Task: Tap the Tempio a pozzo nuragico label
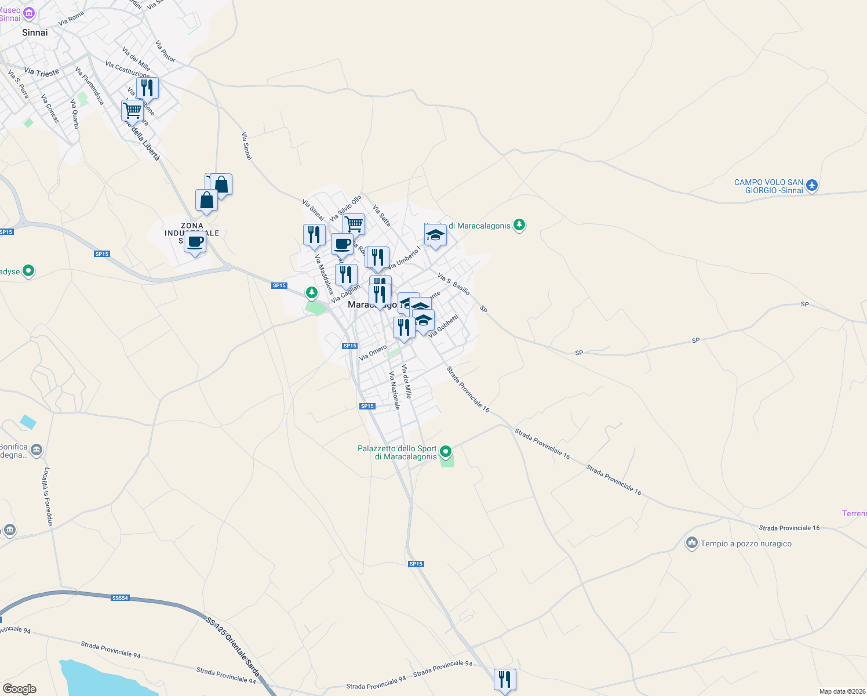pos(746,543)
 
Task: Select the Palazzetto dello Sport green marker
pos(446,451)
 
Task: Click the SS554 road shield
pos(120,598)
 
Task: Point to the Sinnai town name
pos(35,32)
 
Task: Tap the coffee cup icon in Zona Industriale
pos(195,242)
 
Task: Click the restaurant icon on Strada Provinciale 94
pos(505,679)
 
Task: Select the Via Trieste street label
pos(42,72)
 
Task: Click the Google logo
pos(19,688)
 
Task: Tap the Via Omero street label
pos(373,353)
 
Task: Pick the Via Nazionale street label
pos(395,390)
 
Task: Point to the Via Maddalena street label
pos(323,274)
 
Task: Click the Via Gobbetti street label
pos(444,327)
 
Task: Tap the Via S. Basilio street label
pos(454,284)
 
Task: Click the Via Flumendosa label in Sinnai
pos(90,86)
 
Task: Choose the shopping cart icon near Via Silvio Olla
pos(354,224)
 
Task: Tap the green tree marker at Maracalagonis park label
pos(519,225)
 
